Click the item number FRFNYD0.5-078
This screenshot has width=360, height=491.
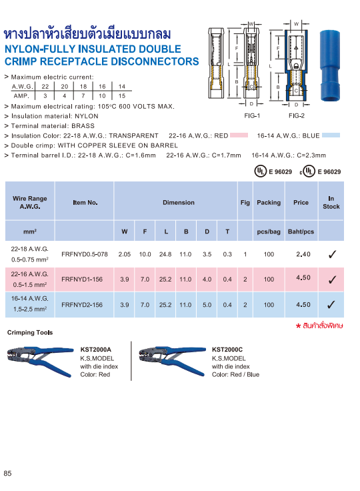[84, 254]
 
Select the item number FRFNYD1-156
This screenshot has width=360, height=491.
[81, 280]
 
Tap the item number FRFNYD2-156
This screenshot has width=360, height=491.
[81, 305]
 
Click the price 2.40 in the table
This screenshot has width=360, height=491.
[303, 254]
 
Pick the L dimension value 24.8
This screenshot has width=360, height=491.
[166, 254]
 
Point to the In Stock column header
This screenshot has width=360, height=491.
[331, 202]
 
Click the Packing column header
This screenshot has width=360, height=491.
[269, 202]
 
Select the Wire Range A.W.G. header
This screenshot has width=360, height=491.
[29, 202]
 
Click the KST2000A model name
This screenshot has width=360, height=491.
[95, 349]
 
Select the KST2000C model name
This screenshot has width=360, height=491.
[227, 349]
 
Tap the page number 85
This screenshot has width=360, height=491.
[8, 473]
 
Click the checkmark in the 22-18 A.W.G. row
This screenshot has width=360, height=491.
[331, 254]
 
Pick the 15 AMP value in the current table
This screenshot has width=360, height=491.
[121, 96]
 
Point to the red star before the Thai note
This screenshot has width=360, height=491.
[298, 326]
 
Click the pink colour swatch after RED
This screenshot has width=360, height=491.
[239, 135]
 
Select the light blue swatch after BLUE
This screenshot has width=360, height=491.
[331, 135]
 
